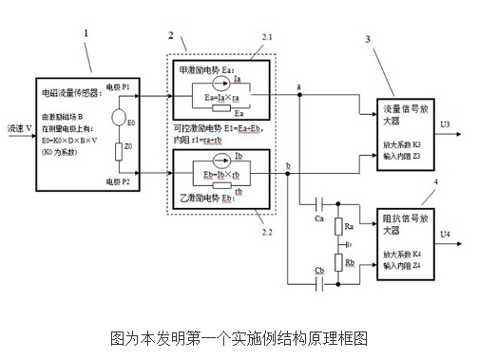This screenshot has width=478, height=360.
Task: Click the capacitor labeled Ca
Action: click(x=316, y=202)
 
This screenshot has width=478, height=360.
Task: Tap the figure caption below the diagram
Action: click(x=238, y=338)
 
